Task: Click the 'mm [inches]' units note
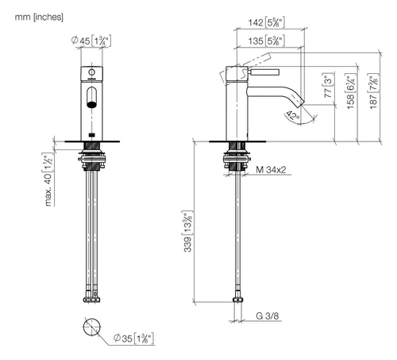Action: [39, 17]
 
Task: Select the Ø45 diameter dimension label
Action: [91, 41]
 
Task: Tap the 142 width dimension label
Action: [266, 22]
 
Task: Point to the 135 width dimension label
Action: [266, 41]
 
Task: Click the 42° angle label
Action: [293, 116]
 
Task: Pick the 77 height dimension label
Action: [328, 85]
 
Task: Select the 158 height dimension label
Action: [351, 91]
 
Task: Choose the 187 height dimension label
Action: [373, 91]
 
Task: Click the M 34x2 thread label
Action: [271, 169]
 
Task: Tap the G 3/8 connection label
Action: [268, 315]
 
